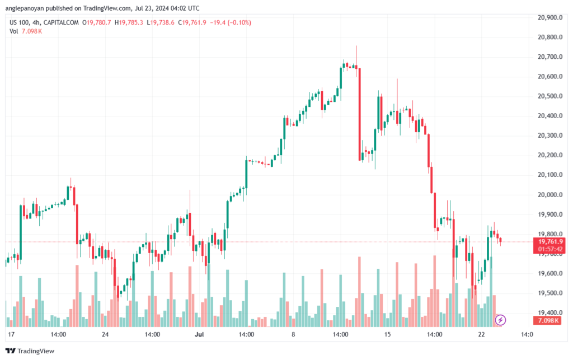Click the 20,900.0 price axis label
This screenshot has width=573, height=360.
tap(549, 17)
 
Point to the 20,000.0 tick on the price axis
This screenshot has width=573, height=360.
tap(549, 194)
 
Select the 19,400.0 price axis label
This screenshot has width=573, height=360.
tap(549, 312)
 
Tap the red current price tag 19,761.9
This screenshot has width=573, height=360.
tap(549, 241)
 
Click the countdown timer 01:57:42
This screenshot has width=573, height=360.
tap(549, 249)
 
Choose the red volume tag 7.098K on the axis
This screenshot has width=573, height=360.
tap(549, 320)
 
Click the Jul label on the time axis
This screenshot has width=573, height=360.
tap(199, 334)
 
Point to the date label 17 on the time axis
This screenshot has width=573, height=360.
tap(11, 334)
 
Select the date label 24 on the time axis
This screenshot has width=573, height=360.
tap(105, 334)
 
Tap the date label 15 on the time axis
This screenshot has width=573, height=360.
tap(387, 334)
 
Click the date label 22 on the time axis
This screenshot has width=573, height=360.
tap(481, 334)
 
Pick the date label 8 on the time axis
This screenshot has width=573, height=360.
tap(293, 334)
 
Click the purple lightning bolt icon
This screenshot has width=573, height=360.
tap(501, 320)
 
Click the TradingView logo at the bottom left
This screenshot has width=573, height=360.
tap(31, 351)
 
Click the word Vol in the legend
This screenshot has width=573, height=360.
tap(14, 31)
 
